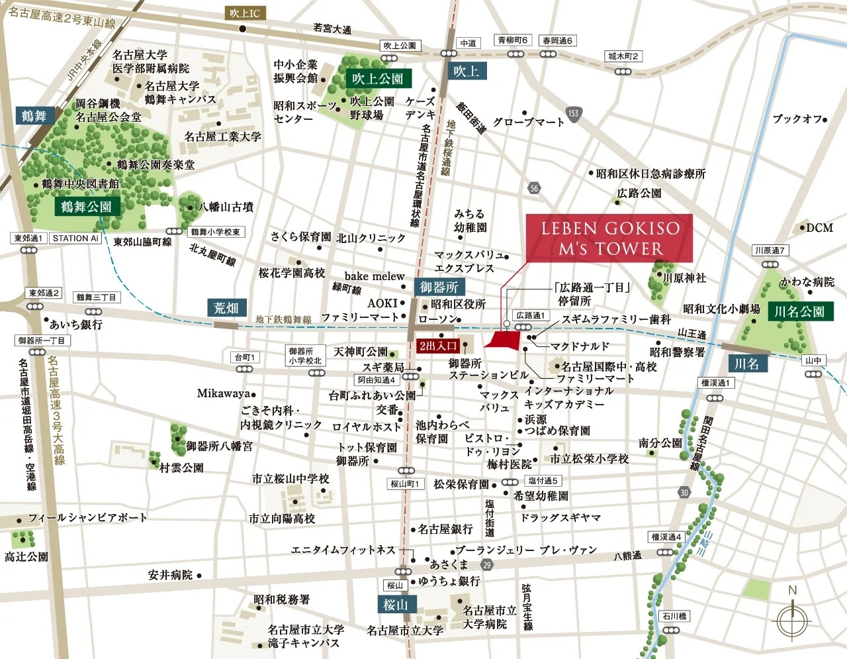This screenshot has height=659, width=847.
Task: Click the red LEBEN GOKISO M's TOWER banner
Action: [x=609, y=238]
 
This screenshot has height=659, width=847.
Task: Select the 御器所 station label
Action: [x=439, y=287]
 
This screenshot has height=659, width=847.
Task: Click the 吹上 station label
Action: [x=466, y=72]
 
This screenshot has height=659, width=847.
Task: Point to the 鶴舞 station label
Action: [x=34, y=116]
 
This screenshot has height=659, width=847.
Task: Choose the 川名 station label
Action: [x=746, y=364]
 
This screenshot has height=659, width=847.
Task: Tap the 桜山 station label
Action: [x=395, y=604]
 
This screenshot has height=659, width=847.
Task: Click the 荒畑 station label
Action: [x=226, y=308]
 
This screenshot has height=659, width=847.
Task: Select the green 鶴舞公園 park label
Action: [x=86, y=207]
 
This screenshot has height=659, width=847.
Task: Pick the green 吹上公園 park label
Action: [x=377, y=78]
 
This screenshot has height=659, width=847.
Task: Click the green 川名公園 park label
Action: [x=799, y=311]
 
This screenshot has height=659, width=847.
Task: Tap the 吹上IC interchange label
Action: [x=244, y=13]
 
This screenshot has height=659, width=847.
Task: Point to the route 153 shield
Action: [x=573, y=113]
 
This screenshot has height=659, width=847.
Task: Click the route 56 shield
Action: [x=534, y=188]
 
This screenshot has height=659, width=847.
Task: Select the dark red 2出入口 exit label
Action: [x=437, y=345]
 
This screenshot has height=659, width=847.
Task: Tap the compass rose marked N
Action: [x=792, y=619]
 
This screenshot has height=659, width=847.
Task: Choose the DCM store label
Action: [x=819, y=228]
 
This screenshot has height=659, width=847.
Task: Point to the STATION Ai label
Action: [x=75, y=238]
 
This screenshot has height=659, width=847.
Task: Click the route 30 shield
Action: [x=684, y=492]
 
